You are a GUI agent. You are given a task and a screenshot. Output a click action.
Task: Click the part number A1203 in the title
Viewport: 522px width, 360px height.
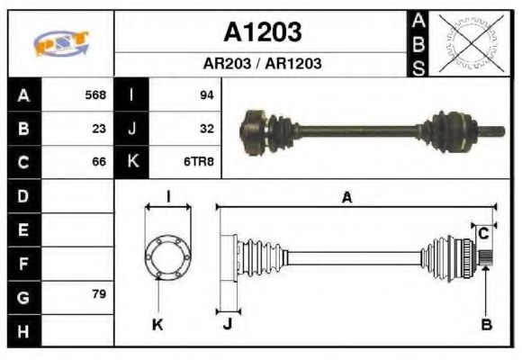(x=262, y=33)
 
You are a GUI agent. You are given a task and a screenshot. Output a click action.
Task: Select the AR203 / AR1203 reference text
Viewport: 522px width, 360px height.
(x=262, y=64)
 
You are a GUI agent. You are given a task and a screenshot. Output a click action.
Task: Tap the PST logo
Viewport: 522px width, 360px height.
(x=60, y=43)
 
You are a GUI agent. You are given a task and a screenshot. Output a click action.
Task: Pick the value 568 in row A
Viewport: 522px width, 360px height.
(x=94, y=94)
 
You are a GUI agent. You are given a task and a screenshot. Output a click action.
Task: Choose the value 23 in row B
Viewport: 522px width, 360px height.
(x=99, y=129)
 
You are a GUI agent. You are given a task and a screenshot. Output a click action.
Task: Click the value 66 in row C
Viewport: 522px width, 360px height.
(x=99, y=163)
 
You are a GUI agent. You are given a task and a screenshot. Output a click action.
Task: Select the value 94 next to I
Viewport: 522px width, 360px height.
(x=206, y=94)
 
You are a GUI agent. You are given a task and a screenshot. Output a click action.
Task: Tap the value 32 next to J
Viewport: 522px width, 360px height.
(x=206, y=129)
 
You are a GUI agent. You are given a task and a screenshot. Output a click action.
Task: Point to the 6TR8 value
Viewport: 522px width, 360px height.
(x=200, y=163)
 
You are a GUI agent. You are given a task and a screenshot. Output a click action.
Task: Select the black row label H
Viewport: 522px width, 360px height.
(x=23, y=330)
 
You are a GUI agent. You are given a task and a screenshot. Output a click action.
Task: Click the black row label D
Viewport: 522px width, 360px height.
(x=23, y=195)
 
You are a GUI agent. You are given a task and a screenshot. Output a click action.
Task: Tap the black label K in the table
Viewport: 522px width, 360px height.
(x=132, y=163)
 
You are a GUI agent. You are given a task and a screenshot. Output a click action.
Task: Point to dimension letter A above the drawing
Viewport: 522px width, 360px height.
(x=346, y=198)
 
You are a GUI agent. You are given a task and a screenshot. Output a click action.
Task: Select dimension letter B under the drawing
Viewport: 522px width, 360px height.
(x=487, y=325)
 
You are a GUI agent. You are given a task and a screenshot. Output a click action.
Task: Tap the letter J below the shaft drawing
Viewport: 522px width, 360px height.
(x=227, y=325)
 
